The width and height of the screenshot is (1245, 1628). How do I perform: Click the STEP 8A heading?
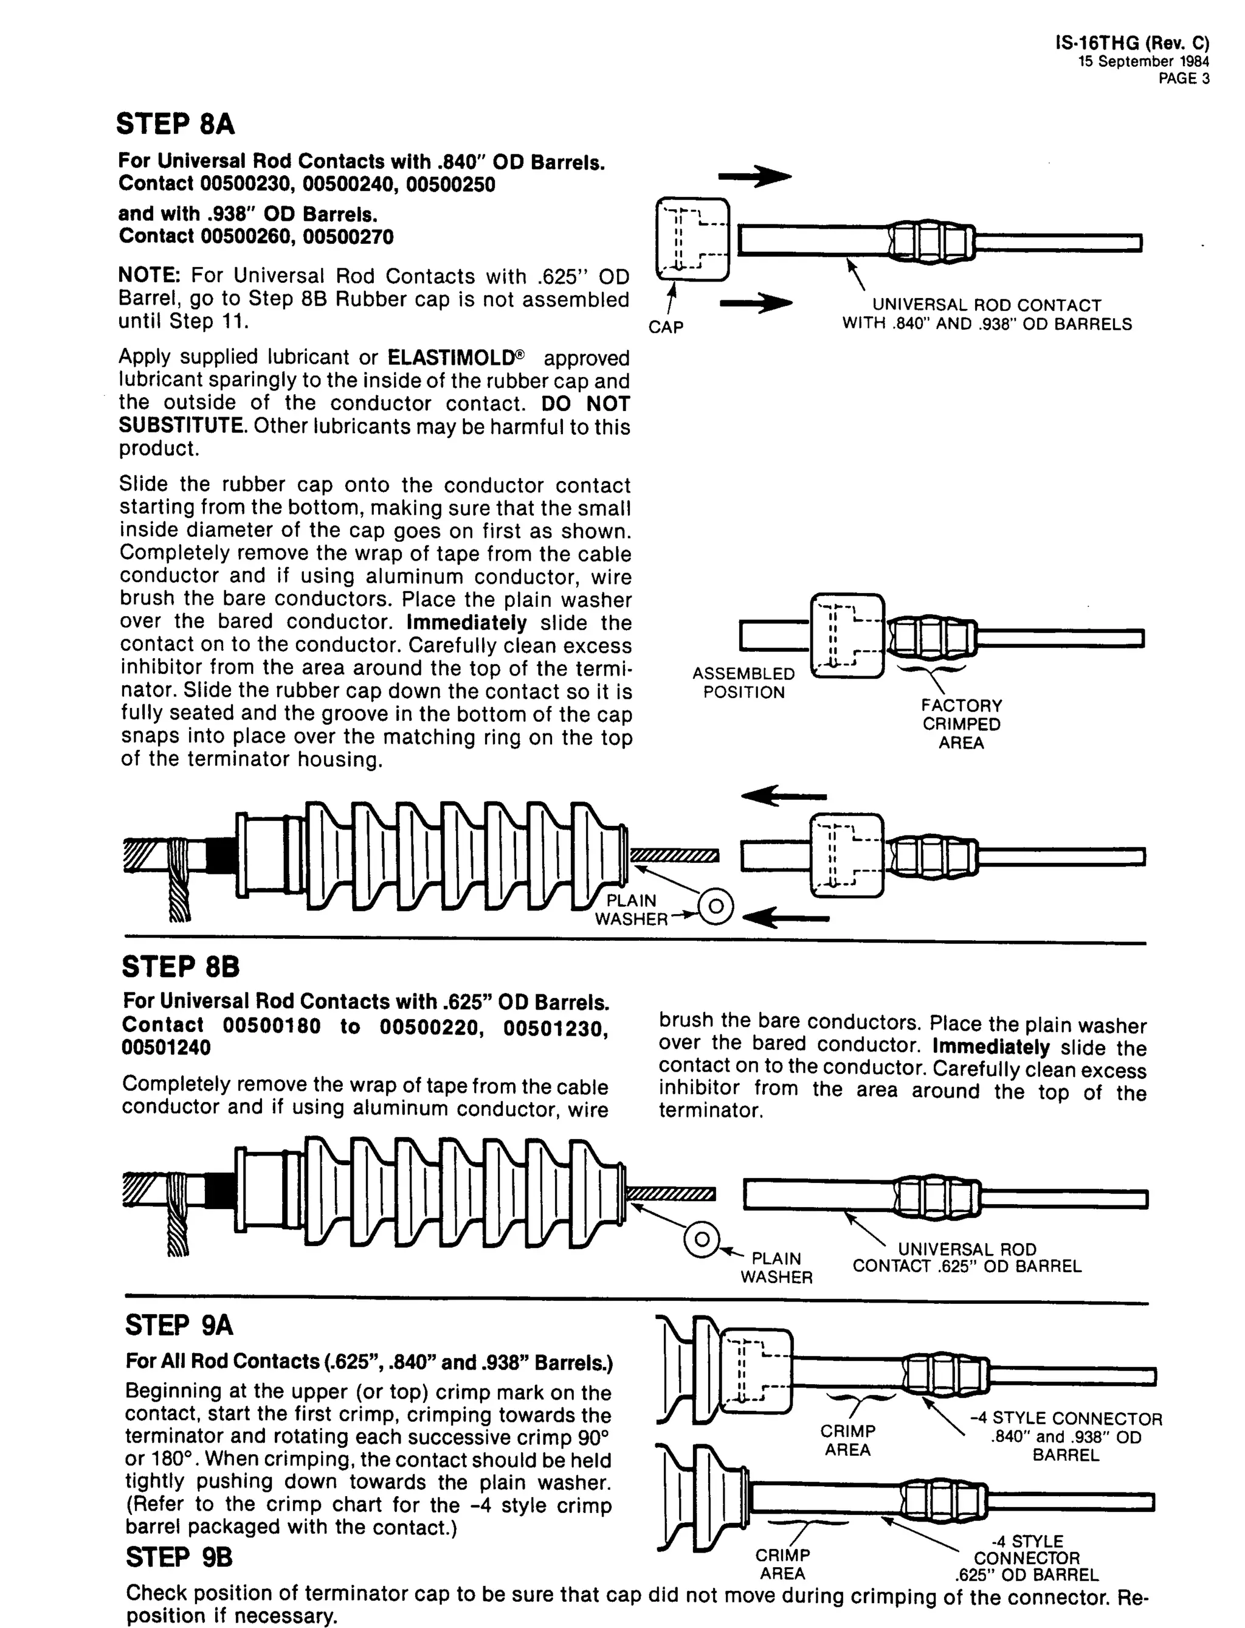(x=176, y=124)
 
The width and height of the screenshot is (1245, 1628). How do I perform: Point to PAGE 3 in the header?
(x=1184, y=79)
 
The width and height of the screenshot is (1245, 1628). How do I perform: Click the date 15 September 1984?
(x=1143, y=62)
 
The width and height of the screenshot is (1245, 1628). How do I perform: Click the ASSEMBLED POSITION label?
(x=743, y=683)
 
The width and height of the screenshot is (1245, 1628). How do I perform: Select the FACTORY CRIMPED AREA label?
(x=961, y=724)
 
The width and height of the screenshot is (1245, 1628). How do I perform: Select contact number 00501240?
(x=166, y=1047)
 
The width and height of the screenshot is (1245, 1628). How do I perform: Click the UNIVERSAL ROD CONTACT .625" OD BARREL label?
(x=967, y=1257)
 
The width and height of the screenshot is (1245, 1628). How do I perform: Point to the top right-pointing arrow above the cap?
(x=755, y=177)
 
